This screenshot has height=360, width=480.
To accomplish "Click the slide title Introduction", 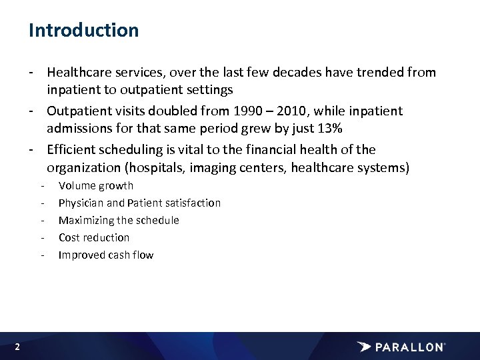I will tap(83, 31).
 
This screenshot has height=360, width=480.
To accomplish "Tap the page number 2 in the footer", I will tap(17, 347).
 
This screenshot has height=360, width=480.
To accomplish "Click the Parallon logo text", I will tap(409, 347).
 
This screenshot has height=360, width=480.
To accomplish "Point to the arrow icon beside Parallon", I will tap(364, 347).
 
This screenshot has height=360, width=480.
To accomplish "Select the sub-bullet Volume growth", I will tap(96, 185).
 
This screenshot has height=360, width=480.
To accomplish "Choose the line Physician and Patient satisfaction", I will tap(139, 203).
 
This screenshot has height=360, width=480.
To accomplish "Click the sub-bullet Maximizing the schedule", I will tap(119, 220).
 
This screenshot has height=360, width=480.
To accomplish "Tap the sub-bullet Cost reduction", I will tap(94, 237).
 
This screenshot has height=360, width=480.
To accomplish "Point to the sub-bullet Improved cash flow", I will tap(106, 255).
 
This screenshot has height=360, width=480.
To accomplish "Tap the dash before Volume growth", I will tap(43, 185).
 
